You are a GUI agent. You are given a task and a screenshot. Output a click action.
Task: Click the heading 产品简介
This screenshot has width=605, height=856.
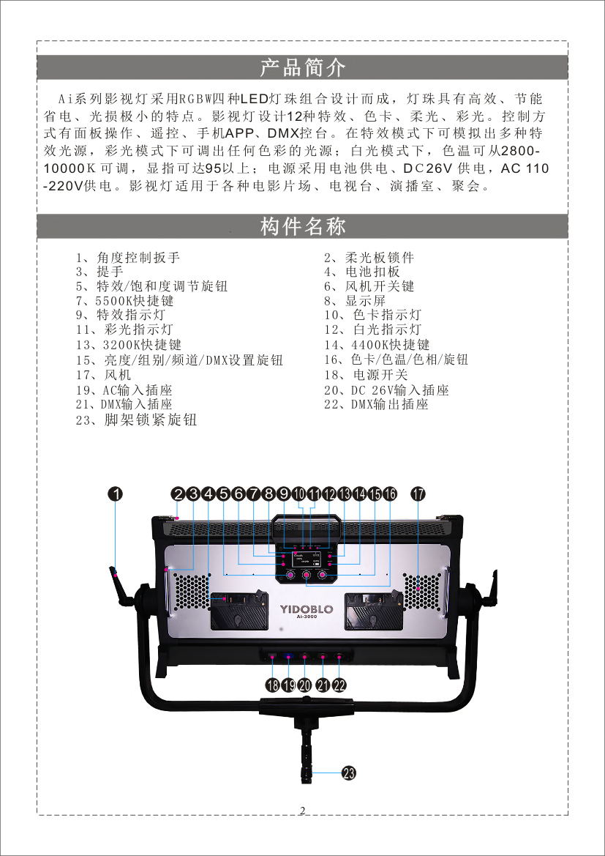click(x=303, y=68)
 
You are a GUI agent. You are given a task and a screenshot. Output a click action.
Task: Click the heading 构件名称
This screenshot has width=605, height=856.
click(x=303, y=226)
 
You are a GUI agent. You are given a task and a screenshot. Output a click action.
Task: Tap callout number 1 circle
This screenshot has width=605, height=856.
click(x=116, y=494)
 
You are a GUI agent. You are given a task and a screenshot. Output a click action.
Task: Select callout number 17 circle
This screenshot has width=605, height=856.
click(x=418, y=494)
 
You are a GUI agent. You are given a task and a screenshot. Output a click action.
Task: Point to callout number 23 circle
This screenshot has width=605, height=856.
click(x=349, y=773)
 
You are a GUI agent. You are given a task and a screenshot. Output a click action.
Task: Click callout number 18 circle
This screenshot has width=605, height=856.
click(x=273, y=685)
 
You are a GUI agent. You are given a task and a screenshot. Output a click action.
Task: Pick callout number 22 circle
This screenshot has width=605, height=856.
click(x=339, y=685)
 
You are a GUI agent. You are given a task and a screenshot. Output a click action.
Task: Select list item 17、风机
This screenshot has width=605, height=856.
click(x=104, y=375)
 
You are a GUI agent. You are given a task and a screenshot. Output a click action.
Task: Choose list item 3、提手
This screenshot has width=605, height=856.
click(x=99, y=272)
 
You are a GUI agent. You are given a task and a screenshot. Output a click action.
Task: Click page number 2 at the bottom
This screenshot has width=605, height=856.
click(x=302, y=810)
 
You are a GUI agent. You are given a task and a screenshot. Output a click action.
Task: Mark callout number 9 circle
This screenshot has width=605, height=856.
click(x=285, y=494)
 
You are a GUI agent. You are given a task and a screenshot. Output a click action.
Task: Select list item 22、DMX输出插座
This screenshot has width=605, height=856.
click(x=377, y=404)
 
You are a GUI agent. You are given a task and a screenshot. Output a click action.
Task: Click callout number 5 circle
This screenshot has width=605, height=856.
click(x=224, y=494)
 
